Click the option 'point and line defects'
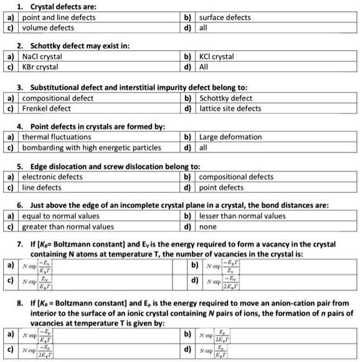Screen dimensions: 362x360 (x=59, y=17)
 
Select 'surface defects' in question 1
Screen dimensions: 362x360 (x=225, y=17)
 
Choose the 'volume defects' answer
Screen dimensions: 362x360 (x=48, y=28)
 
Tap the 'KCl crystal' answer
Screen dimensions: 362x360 (x=216, y=57)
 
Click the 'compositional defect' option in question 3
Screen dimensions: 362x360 (x=58, y=98)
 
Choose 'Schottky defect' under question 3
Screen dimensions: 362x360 (x=225, y=98)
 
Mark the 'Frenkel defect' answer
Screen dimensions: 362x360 (x=47, y=108)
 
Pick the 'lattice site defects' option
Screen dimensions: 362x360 (x=230, y=108)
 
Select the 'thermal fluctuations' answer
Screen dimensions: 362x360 (x=57, y=137)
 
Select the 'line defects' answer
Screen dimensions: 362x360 (x=42, y=187)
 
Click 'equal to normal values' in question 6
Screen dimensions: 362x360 (x=60, y=216)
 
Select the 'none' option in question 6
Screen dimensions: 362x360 (x=208, y=226)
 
